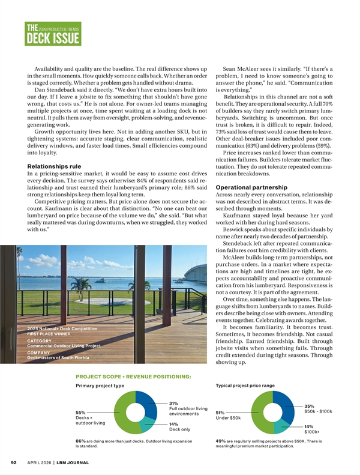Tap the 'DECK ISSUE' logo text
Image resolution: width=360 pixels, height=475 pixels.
[53, 40]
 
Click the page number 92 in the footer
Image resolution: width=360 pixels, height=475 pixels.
[13, 462]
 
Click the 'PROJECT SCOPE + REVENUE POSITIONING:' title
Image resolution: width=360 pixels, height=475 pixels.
[133, 377]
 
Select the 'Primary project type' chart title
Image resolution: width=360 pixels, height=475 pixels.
[100, 386]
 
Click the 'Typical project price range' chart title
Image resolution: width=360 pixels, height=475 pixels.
[244, 386]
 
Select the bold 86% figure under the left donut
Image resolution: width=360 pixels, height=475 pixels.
[80, 441]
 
